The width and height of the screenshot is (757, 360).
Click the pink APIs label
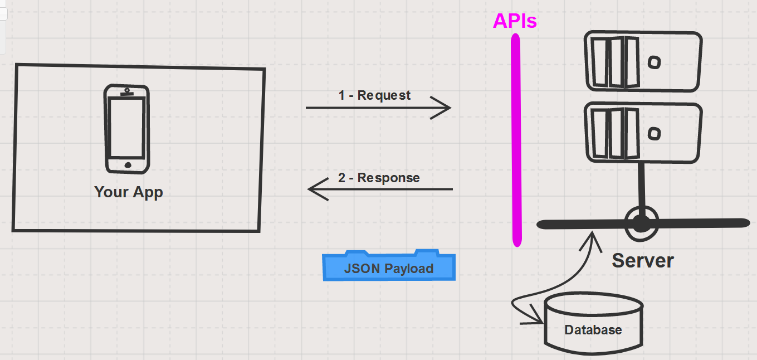[515, 21]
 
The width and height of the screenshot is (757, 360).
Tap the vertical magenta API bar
[516, 139]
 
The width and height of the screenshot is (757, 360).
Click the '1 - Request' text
[374, 95]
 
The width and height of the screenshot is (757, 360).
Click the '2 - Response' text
[379, 178]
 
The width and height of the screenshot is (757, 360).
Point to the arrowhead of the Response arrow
[314, 189]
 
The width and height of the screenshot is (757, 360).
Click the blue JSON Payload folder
[389, 267]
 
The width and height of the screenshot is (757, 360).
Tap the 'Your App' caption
[129, 192]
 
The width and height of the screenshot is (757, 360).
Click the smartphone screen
[126, 128]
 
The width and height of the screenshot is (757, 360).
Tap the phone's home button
[128, 165]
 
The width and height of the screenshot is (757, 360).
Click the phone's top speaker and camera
[128, 91]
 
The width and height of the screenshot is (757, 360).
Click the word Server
[643, 260]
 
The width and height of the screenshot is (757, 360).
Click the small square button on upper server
[655, 61]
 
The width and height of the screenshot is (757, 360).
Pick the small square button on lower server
[655, 133]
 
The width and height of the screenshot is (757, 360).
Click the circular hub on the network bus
[642, 223]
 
